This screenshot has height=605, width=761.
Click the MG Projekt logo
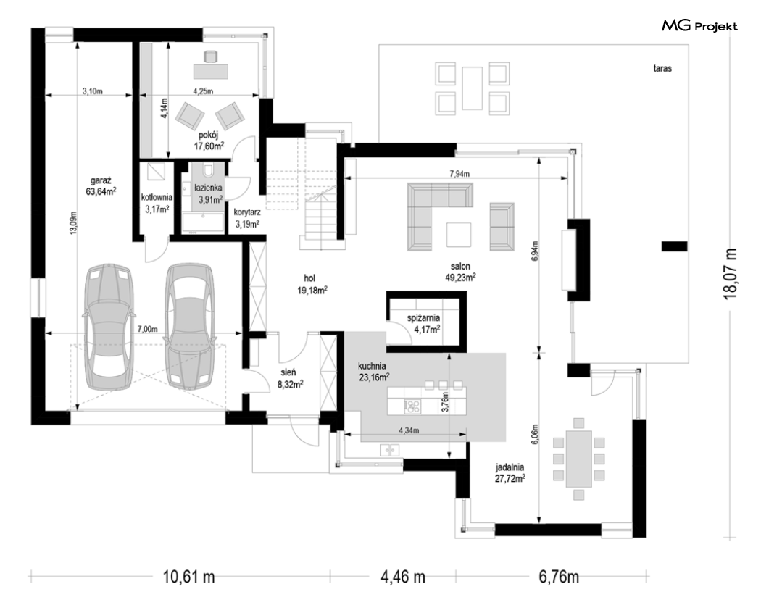coord(699,25)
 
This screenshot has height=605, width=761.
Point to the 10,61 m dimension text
coord(188,577)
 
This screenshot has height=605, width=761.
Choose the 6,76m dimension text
coord(559,577)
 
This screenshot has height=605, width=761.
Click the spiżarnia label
coord(423,318)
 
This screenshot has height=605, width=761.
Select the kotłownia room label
coord(157,198)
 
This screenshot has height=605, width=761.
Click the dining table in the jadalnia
coord(578,459)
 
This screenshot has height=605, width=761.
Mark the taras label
coord(662,68)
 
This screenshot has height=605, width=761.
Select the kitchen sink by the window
coord(390,450)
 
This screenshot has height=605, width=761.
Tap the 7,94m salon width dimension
coord(459,174)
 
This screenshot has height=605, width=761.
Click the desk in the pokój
coord(211,71)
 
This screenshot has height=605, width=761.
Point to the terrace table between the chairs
coord(472,88)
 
